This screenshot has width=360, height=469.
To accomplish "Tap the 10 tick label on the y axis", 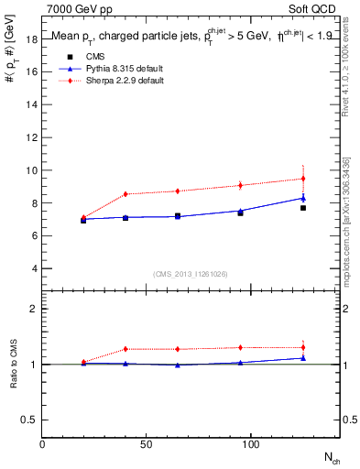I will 33,170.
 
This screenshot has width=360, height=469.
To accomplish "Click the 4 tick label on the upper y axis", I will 35,268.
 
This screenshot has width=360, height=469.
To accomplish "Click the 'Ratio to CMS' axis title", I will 14,364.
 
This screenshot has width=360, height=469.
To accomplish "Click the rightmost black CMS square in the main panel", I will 303,208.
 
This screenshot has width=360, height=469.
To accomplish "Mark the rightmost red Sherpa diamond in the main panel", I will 303,179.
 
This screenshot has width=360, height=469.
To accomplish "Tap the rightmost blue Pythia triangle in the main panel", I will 303,198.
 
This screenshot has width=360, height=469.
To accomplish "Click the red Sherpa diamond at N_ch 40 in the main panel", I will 125,193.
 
